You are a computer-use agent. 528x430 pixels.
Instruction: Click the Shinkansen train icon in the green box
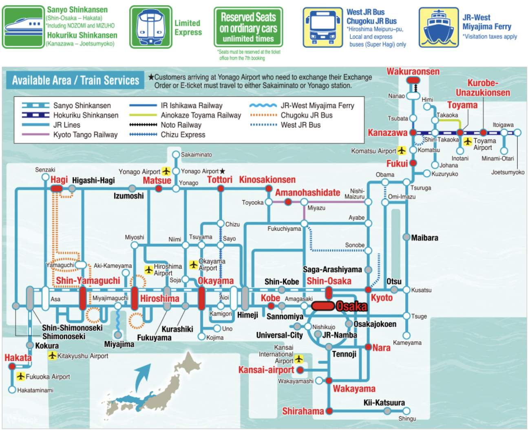[23, 27]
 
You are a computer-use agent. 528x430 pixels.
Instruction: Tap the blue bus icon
[323, 27]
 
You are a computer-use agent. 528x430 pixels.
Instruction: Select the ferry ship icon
[439, 27]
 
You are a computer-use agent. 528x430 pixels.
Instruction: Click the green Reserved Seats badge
[248, 27]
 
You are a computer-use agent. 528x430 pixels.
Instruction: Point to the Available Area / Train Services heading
[75, 80]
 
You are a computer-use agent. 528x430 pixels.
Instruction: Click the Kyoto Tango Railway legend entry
[70, 135]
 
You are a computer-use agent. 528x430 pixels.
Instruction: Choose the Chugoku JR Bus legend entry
[291, 115]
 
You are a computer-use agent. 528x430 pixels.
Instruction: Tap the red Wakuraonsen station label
[413, 72]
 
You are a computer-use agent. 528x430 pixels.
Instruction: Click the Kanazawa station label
[387, 133]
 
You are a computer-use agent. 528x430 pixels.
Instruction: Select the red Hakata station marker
[12, 366]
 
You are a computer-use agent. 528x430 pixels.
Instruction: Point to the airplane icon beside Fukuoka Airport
[20, 376]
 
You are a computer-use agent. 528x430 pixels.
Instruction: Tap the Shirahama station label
[303, 411]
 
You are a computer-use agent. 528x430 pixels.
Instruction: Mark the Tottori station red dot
[221, 189]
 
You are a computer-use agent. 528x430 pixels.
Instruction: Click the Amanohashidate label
[308, 193]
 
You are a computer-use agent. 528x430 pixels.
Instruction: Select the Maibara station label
[424, 238]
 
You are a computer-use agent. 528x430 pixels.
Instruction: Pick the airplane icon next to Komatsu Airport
[402, 151]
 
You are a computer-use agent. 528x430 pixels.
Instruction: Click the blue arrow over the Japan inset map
[141, 377]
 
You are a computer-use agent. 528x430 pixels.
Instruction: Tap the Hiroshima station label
[160, 298]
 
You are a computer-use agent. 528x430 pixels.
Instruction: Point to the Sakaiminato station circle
[176, 154]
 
